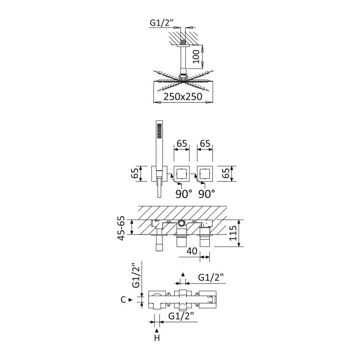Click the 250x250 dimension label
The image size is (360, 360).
183,97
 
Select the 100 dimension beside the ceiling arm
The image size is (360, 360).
196,57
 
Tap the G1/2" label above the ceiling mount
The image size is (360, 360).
162,23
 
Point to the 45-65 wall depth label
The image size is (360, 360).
121,228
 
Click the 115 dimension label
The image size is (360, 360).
233,233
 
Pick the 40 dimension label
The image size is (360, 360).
192,251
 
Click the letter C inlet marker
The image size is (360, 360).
123,300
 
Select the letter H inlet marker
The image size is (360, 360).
157,338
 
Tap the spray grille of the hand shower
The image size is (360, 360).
159,130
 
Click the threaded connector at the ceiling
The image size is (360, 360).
183,42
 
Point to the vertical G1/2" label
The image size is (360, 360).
136,277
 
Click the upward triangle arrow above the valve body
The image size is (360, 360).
183,274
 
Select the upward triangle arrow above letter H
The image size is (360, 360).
157,330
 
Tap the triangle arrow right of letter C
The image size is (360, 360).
130,300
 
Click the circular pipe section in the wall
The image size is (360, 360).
182,222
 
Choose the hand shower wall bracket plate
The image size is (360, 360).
159,174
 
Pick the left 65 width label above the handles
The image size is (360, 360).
182,144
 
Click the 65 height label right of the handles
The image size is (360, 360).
226,174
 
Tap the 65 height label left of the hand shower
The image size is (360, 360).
135,174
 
